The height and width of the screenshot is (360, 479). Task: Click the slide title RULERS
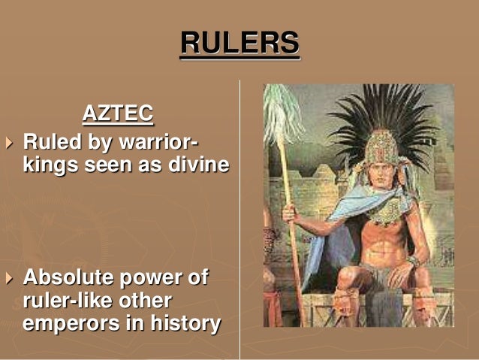coord(239,43)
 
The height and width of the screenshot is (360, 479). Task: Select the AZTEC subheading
coord(117,114)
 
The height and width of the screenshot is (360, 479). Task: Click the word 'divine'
coord(197,164)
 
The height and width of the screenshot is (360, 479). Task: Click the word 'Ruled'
coord(50,141)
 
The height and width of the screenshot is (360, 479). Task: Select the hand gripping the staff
coord(290,214)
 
